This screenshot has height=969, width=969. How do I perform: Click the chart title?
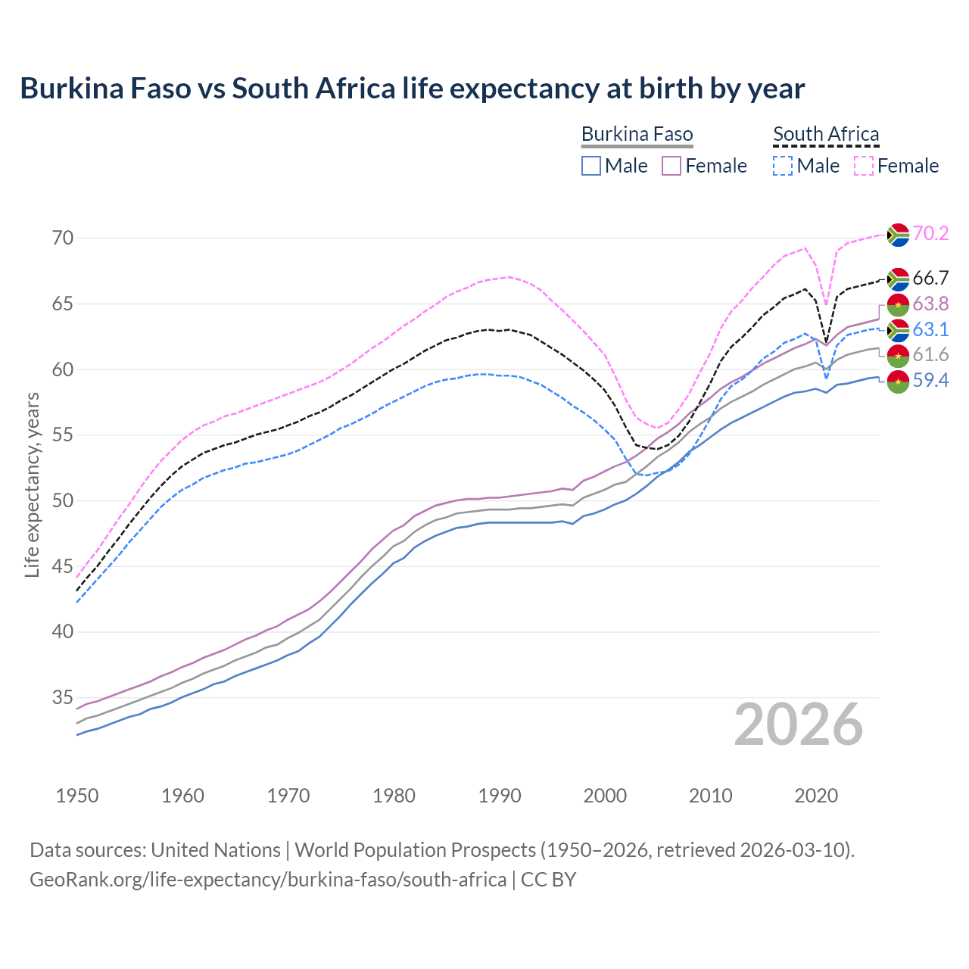coord(412,89)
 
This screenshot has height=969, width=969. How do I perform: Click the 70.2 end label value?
coord(930,233)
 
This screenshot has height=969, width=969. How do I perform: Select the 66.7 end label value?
coord(930,278)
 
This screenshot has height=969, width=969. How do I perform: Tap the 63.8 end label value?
coord(930,304)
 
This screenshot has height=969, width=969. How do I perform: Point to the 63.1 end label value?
coord(930,329)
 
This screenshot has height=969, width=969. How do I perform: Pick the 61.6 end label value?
coord(930,354)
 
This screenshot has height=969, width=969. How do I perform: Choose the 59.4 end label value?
coord(930,380)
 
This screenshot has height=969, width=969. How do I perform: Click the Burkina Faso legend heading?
coord(637,134)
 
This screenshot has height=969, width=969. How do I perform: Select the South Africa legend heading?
coord(826,134)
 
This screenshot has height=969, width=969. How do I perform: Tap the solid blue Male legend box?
coord(591,166)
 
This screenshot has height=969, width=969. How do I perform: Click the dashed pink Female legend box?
coord(864,166)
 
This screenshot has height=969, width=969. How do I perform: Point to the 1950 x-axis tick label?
coord(77,796)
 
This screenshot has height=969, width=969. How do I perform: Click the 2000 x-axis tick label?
coord(605,796)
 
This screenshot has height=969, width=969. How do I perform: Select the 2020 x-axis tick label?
coord(816,796)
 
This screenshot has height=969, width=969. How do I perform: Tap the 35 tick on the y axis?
coord(64,697)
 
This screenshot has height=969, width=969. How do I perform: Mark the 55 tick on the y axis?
coord(64,435)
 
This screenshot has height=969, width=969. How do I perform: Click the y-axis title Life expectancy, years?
coord(32,484)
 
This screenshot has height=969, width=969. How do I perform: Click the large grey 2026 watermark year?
coord(799,724)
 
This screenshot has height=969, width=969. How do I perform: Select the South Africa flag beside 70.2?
coord(898,235)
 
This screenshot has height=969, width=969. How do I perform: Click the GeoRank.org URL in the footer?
coord(268,880)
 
